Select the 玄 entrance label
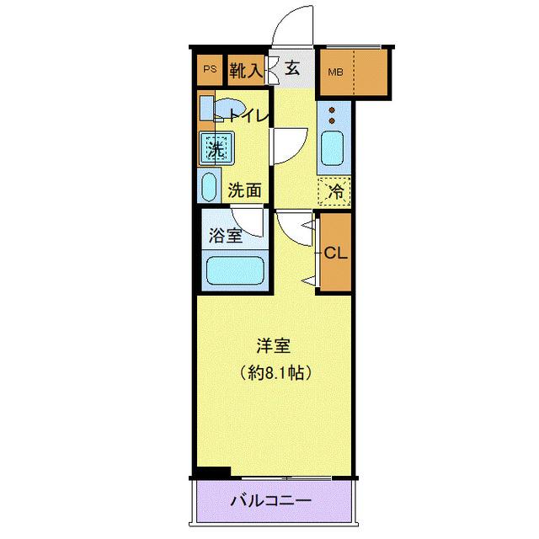292,69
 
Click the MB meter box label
335,72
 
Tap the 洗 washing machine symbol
214,150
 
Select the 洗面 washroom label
245,190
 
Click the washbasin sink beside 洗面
208,186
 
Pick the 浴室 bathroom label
226,236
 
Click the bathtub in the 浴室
237,271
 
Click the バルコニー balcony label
271,501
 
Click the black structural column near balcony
211,473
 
